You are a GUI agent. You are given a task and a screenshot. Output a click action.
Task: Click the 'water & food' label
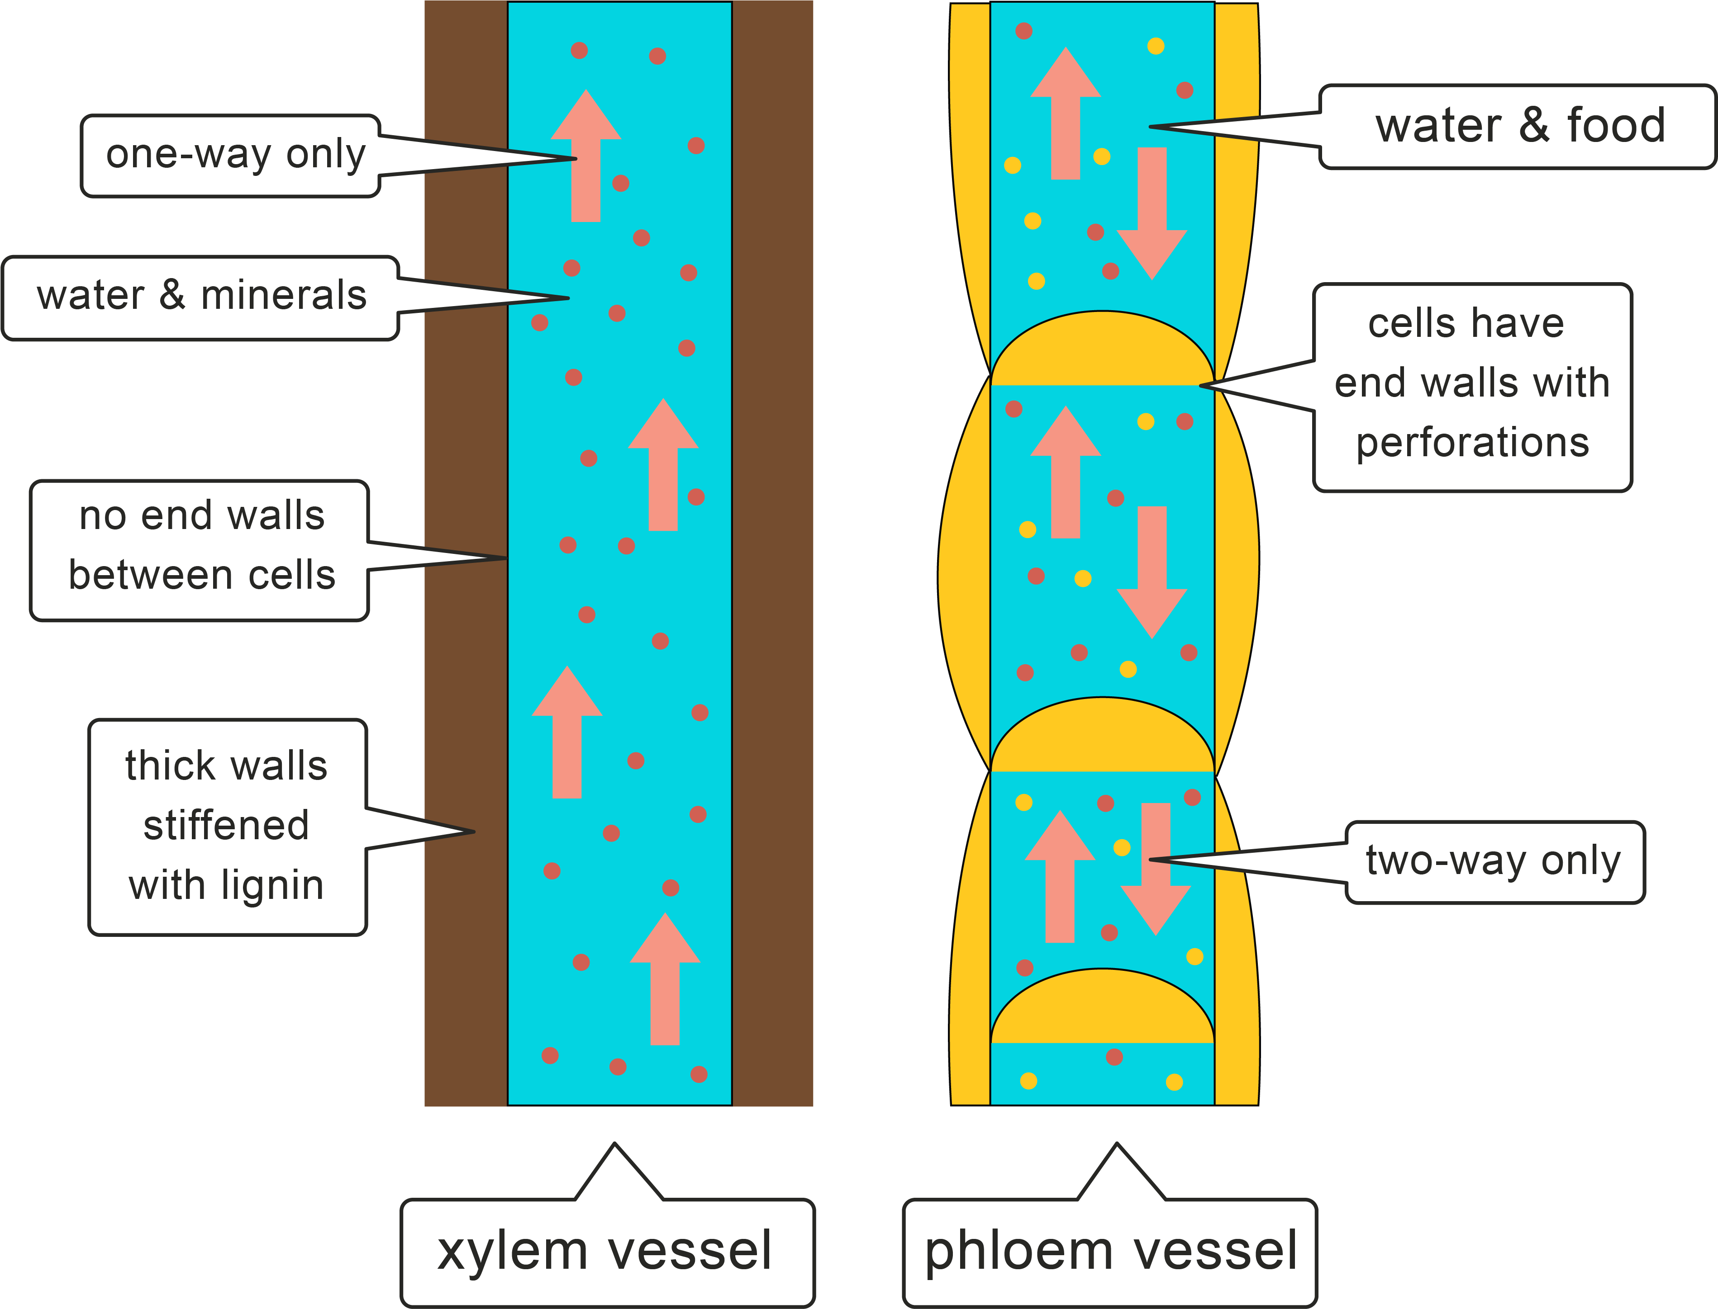(x=1518, y=126)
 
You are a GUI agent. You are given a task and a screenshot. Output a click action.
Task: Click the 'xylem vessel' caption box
(x=606, y=1251)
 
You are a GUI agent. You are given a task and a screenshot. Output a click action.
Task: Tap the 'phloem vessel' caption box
(x=1110, y=1251)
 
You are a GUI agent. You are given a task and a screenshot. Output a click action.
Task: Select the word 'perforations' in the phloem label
(x=1472, y=443)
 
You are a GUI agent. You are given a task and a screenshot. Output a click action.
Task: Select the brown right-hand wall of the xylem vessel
(x=772, y=545)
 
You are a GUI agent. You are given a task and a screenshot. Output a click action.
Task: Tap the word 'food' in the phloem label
(x=1615, y=126)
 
